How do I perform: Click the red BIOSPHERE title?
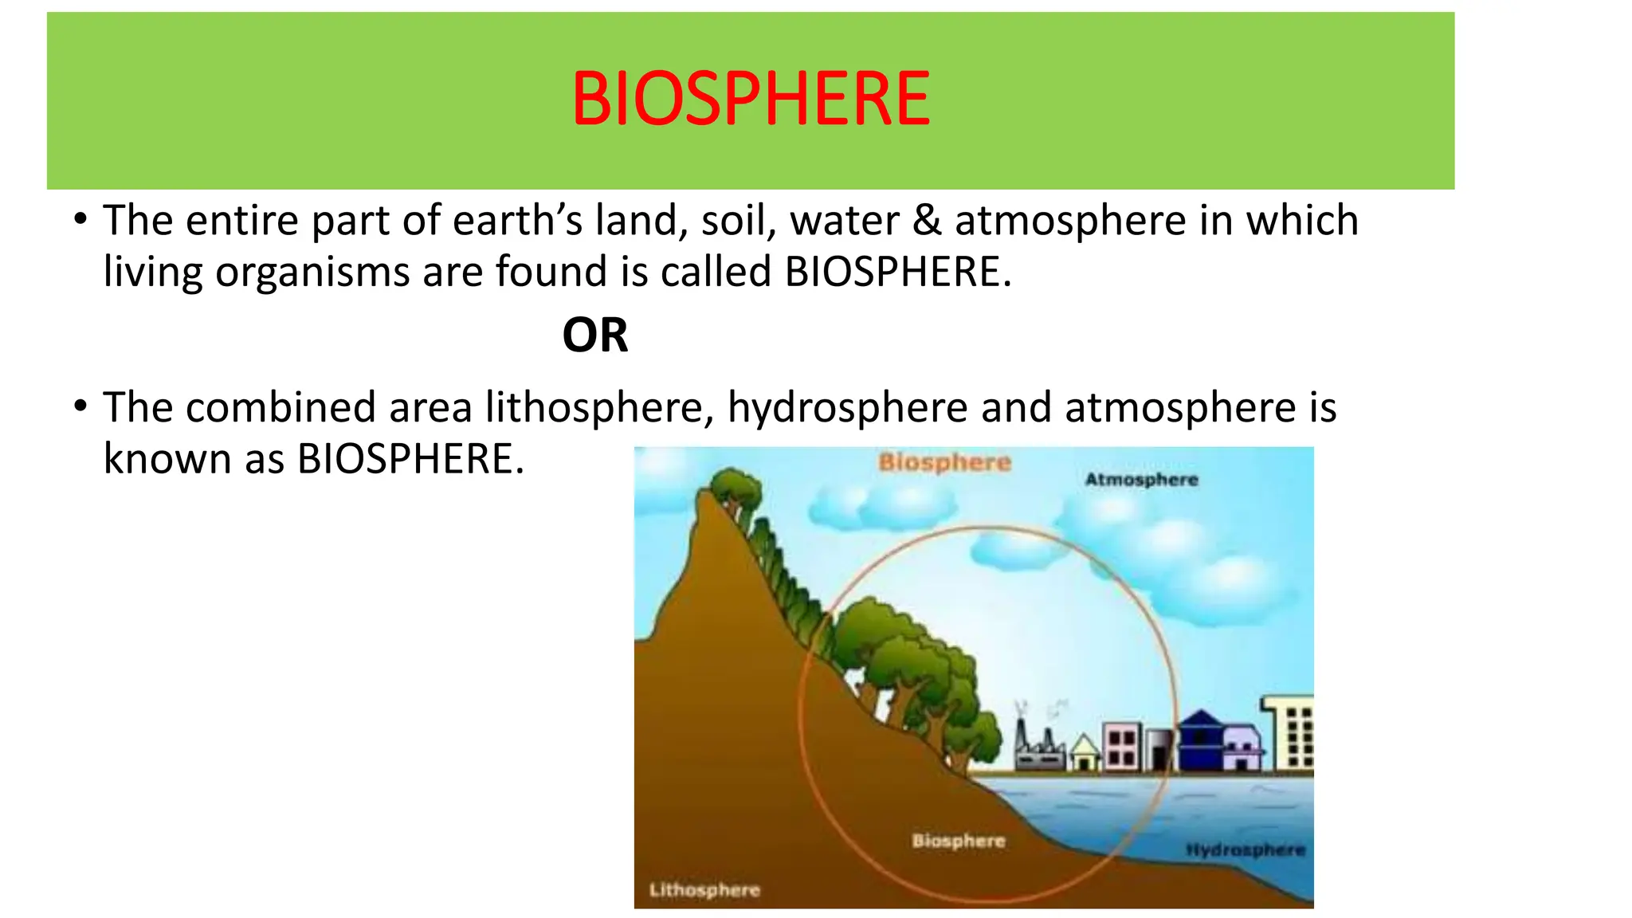[x=750, y=100]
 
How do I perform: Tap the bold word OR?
[x=594, y=335]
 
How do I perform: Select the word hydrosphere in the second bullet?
[x=847, y=408]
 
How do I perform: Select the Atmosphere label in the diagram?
[x=1141, y=480]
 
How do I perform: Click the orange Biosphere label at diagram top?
[x=944, y=462]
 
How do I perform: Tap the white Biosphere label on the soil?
[x=958, y=841]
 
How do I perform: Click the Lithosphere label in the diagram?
[x=704, y=890]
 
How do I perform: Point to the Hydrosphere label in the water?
[x=1245, y=850]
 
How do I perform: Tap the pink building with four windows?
[x=1122, y=746]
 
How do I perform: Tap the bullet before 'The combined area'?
[x=80, y=407]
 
